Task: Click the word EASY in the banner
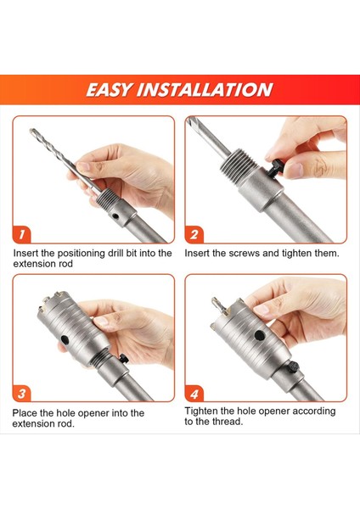[110, 90]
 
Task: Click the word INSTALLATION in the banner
[205, 90]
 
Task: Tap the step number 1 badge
[22, 234]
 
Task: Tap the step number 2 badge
[194, 234]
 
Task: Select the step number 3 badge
[22, 394]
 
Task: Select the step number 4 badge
[194, 394]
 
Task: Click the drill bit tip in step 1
[32, 131]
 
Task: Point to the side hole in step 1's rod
[115, 215]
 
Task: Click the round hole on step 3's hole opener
[65, 340]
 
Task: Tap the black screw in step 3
[123, 358]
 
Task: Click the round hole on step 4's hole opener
[260, 335]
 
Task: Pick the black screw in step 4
[294, 366]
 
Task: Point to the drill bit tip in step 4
[215, 300]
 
